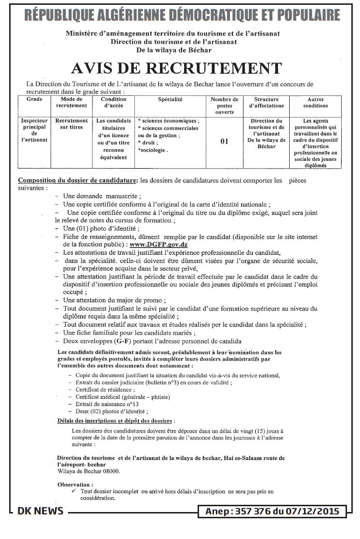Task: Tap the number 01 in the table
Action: click(x=224, y=142)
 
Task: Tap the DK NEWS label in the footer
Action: click(x=40, y=511)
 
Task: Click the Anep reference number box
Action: click(x=272, y=511)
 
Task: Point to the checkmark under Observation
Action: click(x=73, y=491)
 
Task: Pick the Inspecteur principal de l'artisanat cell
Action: click(x=34, y=130)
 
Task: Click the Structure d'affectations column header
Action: click(x=267, y=102)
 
